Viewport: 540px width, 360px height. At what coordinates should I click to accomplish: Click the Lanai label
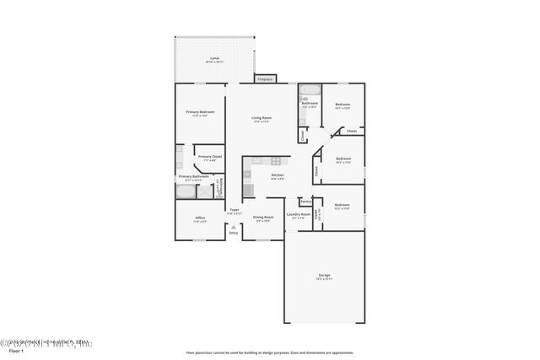click(x=214, y=60)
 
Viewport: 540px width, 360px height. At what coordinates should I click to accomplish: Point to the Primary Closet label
click(x=210, y=157)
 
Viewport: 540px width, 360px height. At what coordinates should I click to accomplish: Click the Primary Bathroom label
click(x=193, y=177)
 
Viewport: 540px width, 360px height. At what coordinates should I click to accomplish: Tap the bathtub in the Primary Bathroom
click(x=185, y=192)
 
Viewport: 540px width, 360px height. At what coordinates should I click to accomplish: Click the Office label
click(x=200, y=218)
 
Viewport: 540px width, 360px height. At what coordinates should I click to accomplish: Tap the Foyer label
click(x=235, y=212)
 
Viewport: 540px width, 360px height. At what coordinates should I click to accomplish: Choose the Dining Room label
click(x=263, y=218)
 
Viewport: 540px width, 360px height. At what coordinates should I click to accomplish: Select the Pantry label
click(x=305, y=201)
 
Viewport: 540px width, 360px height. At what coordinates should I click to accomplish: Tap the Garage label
click(x=324, y=276)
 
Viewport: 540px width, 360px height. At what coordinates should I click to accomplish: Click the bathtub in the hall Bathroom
click(x=309, y=90)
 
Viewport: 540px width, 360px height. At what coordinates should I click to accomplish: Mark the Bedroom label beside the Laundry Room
click(x=342, y=206)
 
